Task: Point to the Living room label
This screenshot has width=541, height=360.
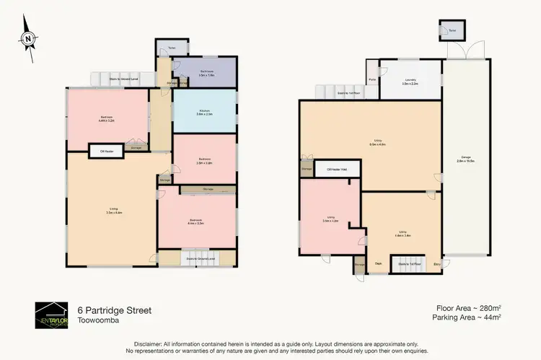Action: (113, 211)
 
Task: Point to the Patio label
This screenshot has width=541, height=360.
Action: (372, 79)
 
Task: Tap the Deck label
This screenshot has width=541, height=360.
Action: (378, 263)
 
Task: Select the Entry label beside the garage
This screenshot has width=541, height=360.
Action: (436, 263)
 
